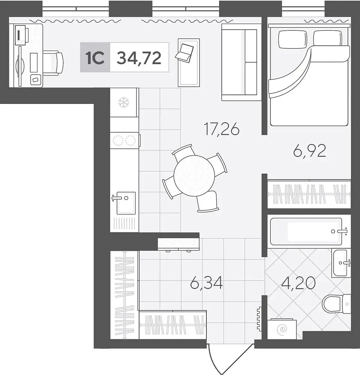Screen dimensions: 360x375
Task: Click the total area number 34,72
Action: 139,58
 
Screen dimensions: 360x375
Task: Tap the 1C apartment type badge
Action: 95,57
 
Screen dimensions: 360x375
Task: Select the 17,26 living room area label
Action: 222,129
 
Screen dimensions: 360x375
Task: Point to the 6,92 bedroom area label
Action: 309,151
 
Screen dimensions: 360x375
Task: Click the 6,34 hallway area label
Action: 206,282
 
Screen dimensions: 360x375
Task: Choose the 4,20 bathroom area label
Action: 298,283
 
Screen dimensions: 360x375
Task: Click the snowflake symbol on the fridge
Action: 124,102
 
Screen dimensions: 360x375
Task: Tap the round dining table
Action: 194,175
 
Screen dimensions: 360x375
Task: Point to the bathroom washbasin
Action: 341,263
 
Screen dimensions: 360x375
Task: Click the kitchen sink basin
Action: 126,203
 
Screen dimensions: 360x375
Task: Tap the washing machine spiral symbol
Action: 282,330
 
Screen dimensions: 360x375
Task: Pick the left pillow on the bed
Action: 293,39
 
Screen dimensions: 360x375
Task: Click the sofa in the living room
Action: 241,62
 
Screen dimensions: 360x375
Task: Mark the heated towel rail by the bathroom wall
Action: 259,319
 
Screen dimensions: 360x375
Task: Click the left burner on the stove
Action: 118,140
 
